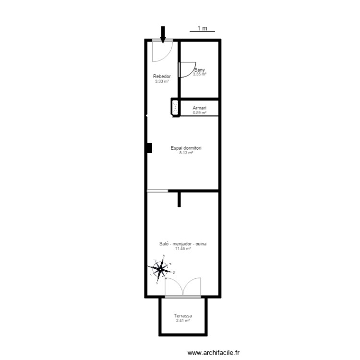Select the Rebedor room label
point(162,77)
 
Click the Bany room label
point(199,70)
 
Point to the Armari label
point(199,108)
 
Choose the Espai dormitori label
point(186,148)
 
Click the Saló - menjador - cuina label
point(183,244)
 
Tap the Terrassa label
point(183,316)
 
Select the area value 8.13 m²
point(186,153)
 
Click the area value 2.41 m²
point(183,320)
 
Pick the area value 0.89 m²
point(199,113)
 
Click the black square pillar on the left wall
point(149,148)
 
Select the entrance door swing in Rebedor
point(160,52)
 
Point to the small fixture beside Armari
point(175,108)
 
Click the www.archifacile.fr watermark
point(213,353)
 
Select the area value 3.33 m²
point(162,81)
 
